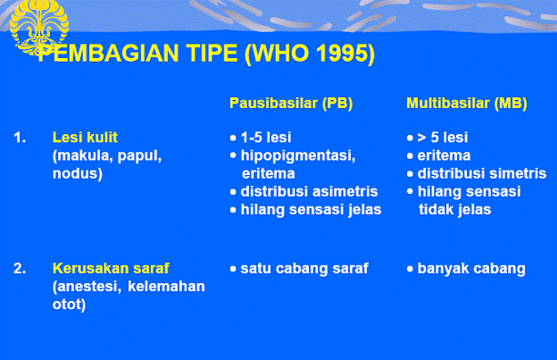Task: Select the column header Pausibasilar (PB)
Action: click(291, 104)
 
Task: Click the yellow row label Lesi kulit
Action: click(85, 138)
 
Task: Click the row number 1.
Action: click(20, 138)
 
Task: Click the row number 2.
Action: click(20, 268)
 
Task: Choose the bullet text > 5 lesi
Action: click(442, 138)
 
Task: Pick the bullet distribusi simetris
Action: click(481, 173)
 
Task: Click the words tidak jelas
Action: click(454, 209)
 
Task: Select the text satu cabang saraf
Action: click(303, 268)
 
